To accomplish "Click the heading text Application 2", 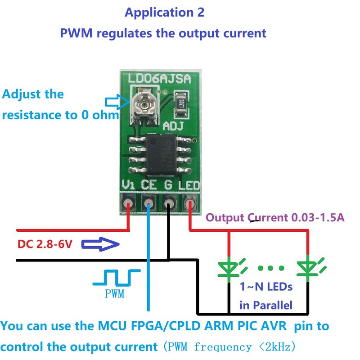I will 164,13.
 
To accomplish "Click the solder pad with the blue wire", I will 148,204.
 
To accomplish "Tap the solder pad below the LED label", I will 189,204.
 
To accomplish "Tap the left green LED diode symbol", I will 229,267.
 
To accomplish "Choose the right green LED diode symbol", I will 307,267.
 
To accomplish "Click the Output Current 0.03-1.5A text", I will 275,218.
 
